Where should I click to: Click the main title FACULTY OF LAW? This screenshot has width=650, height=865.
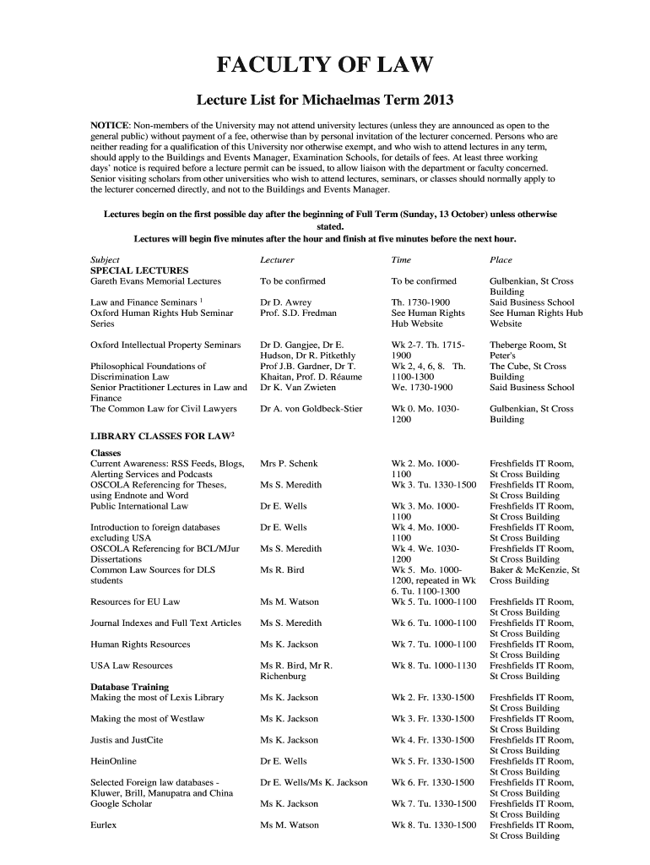pos(325,65)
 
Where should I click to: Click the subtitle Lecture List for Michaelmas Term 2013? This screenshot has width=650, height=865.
pos(325,101)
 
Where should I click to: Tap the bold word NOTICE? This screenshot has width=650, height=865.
pos(110,126)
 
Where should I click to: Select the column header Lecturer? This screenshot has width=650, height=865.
pos(277,260)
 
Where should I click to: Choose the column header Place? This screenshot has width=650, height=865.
pos(501,260)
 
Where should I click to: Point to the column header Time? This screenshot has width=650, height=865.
pos(401,260)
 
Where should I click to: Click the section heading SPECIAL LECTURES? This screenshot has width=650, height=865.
pos(139,270)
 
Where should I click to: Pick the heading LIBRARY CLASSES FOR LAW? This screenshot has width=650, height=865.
pos(162,435)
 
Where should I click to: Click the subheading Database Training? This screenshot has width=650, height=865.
pos(129,687)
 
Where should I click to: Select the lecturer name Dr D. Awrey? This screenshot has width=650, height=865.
pos(286,302)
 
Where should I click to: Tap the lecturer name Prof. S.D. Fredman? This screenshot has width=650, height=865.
pos(298,313)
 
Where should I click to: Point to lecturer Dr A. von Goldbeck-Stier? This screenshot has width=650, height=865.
pos(311,409)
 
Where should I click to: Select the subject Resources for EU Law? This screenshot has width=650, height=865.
pos(135,601)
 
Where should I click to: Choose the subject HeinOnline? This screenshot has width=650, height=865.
pos(113,761)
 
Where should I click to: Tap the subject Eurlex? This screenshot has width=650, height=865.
pos(104,825)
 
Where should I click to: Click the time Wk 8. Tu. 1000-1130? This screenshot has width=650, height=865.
pos(434,666)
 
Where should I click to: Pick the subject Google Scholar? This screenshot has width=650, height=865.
pos(121,803)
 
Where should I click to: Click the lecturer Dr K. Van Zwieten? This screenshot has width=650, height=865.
pos(298,388)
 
